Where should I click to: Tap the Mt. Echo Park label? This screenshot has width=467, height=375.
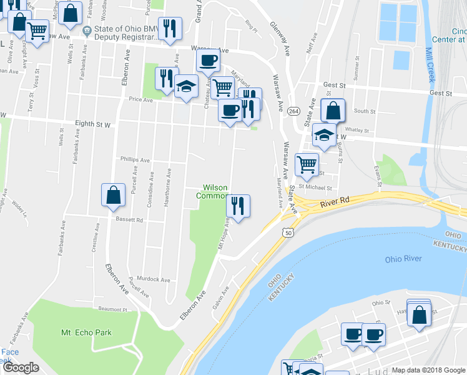(86, 332)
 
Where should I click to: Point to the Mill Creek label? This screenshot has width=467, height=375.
(430, 66)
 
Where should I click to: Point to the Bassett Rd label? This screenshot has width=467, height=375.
(129, 220)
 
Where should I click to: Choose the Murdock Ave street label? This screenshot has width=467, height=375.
(154, 279)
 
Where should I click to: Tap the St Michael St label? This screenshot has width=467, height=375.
(314, 187)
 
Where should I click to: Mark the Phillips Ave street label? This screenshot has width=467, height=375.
(135, 160)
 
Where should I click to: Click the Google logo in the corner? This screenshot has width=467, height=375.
(21, 367)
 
